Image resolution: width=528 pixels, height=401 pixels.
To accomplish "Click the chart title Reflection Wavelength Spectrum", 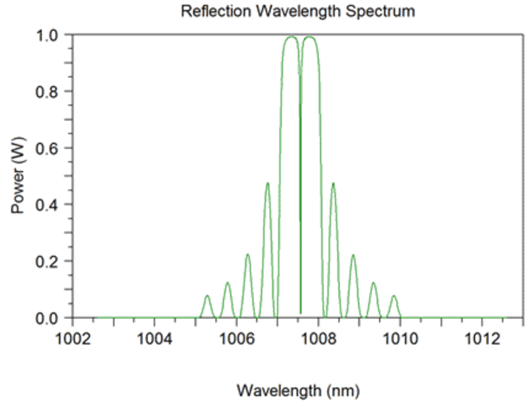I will (298, 11).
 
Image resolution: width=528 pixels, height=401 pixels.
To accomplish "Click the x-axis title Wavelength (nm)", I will (298, 390).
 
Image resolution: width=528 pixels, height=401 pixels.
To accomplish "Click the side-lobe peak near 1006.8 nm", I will (268, 183).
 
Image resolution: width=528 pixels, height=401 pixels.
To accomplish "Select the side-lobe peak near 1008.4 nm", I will (333, 183).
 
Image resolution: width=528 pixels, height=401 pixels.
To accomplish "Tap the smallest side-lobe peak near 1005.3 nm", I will (207, 295).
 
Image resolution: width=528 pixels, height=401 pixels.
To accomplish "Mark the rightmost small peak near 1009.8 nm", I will (393, 296).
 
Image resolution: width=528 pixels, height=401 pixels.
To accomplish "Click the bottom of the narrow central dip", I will (301, 313).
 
